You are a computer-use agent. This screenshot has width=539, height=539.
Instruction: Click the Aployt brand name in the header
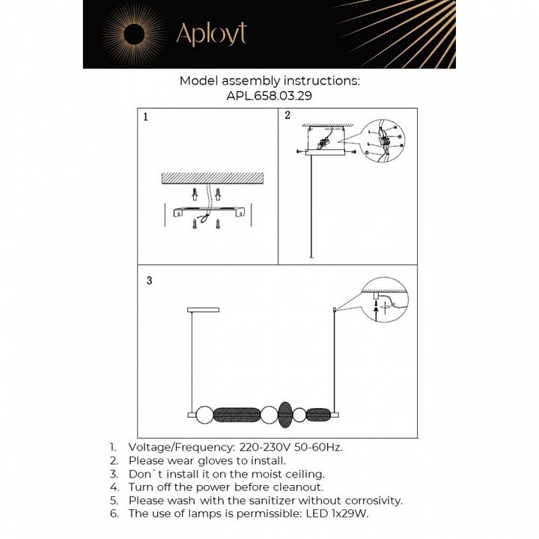(210, 34)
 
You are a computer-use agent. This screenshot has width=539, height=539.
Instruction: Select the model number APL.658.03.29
(269, 96)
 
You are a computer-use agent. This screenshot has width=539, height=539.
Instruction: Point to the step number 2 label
(287, 115)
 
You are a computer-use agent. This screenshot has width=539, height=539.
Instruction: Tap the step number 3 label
(149, 281)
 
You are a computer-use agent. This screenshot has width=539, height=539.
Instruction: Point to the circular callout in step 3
(383, 301)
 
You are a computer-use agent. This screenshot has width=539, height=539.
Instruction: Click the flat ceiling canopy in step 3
(202, 308)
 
